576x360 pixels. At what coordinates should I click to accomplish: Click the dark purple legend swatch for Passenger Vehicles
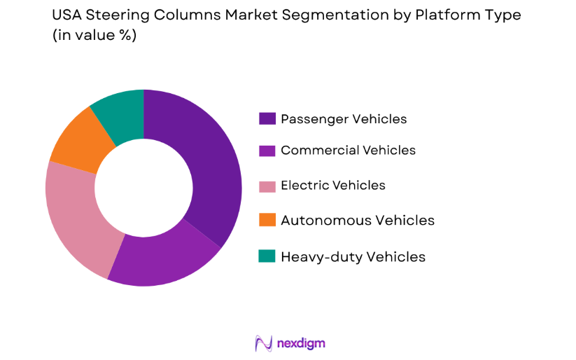point(267,119)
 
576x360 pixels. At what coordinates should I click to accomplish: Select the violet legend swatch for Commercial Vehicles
point(267,151)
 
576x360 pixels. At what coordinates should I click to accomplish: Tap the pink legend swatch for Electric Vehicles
point(267,186)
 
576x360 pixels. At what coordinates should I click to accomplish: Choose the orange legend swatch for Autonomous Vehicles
point(267,221)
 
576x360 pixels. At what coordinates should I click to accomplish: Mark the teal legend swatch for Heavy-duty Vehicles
point(267,256)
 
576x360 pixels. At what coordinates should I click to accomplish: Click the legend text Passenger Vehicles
point(343,119)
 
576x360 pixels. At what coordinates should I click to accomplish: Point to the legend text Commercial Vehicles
point(348,151)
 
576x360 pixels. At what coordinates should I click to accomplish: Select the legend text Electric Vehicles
point(332,186)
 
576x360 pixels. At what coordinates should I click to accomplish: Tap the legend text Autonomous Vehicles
point(357,221)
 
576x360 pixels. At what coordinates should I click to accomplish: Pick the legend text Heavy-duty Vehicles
point(353,256)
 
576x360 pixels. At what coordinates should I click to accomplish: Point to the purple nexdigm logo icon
point(263,343)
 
